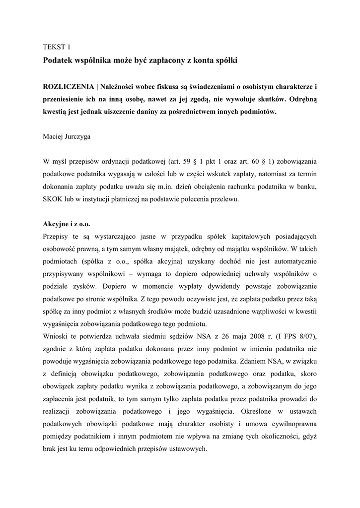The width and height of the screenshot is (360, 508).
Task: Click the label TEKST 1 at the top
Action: [x=57, y=47]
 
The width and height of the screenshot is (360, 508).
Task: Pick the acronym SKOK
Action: [x=53, y=199]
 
